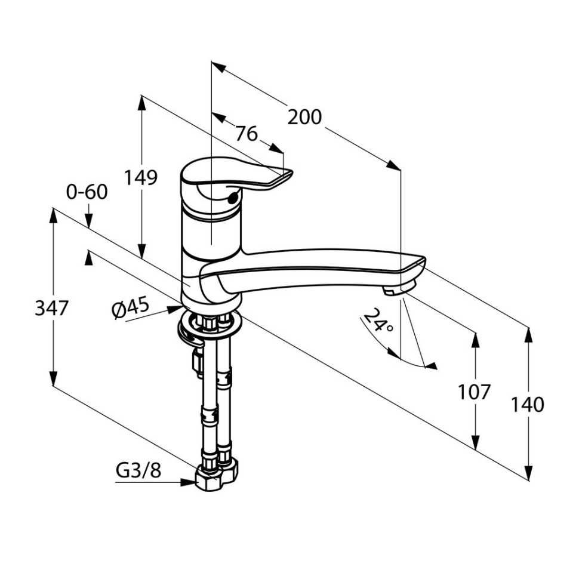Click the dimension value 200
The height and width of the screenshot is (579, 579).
[304, 117]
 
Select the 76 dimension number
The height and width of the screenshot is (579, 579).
[247, 134]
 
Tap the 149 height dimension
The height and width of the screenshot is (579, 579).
[140, 177]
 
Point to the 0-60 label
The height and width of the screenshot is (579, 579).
[87, 192]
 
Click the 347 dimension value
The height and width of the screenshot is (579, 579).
[52, 308]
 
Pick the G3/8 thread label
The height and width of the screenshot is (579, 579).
[138, 470]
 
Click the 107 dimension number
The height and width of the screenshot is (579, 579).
[474, 392]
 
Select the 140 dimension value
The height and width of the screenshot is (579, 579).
[527, 404]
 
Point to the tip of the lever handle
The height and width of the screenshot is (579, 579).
[292, 171]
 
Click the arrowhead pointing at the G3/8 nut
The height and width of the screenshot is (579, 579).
[188, 482]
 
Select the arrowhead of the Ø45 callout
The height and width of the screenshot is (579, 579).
[175, 309]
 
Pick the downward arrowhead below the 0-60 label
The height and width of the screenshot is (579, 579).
[88, 220]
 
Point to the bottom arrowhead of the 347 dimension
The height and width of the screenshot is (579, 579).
[54, 378]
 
